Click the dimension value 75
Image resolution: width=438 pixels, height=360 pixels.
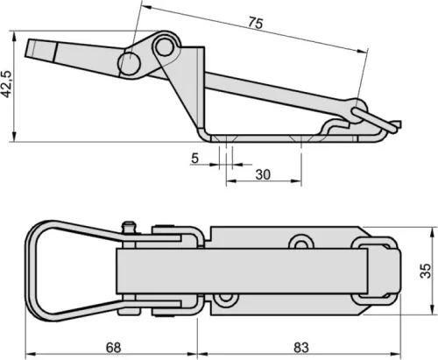pyautogui.click(x=256, y=23)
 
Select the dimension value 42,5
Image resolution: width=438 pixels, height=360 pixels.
pyautogui.click(x=6, y=84)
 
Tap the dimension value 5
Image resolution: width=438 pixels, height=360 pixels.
pyautogui.click(x=194, y=159)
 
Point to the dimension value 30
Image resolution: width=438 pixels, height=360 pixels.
pyautogui.click(x=263, y=174)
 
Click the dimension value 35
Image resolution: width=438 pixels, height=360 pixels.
pyautogui.click(x=425, y=271)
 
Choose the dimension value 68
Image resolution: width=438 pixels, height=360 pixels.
pyautogui.click(x=113, y=348)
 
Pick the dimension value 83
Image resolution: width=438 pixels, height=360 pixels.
pyautogui.click(x=301, y=348)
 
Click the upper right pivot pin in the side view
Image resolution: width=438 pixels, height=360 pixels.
pyautogui.click(x=164, y=46)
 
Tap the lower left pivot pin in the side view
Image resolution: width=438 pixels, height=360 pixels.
pyautogui.click(x=130, y=64)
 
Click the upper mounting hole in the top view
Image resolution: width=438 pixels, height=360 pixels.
pyautogui.click(x=300, y=243)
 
